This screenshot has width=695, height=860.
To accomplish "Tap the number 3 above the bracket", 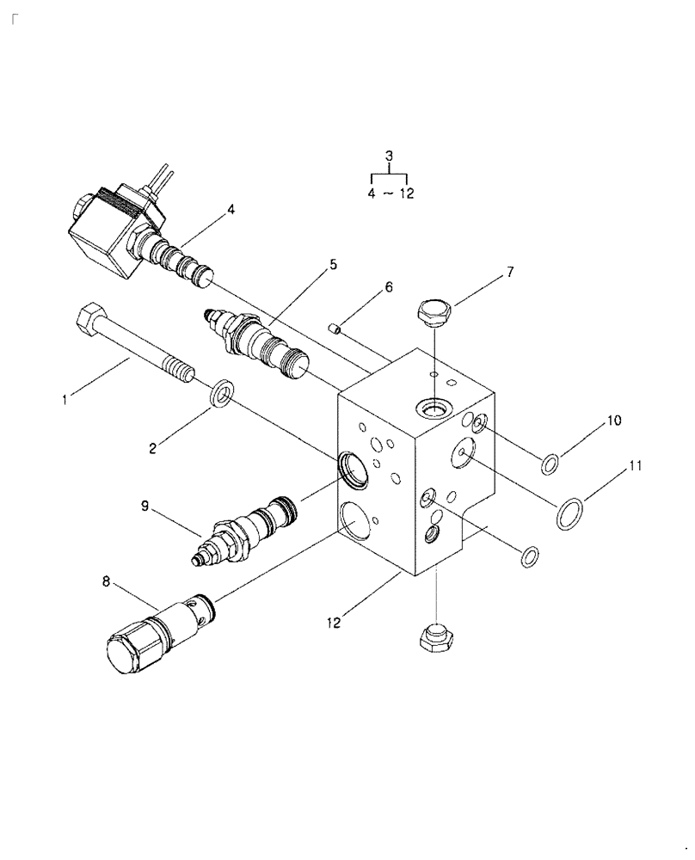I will tap(389, 156).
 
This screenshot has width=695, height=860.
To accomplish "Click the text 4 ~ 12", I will tap(390, 193).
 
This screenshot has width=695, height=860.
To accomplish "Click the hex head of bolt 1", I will tap(89, 323).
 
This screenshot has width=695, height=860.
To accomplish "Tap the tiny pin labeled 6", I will tap(337, 327).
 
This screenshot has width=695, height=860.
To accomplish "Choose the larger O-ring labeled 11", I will tap(568, 513).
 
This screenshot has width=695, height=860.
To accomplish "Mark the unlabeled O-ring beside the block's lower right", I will tap(531, 556).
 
